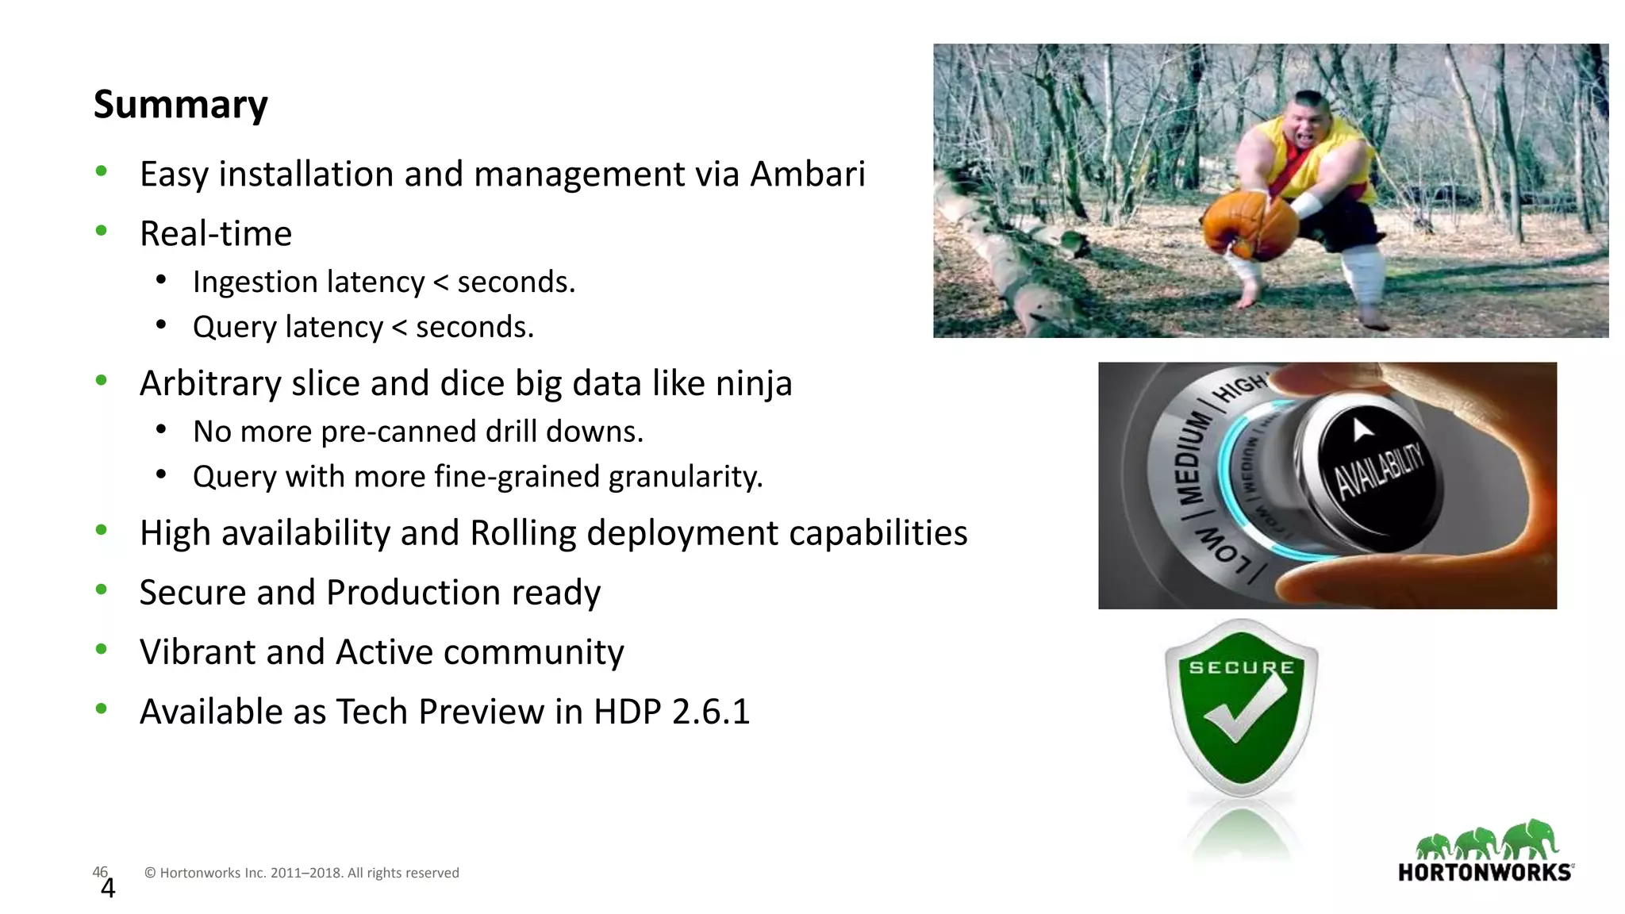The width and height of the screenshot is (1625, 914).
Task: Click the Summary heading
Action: point(181,105)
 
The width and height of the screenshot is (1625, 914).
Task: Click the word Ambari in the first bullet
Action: point(807,175)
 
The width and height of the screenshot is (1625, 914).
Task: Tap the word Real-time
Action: point(216,234)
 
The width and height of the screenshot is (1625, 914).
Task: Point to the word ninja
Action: point(754,383)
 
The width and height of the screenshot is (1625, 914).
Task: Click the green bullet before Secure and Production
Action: point(101,589)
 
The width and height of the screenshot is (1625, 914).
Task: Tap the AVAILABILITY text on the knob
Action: point(1379,471)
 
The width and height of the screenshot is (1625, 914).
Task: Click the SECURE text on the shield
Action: point(1241,668)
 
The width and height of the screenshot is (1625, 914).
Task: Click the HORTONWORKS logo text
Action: point(1485,873)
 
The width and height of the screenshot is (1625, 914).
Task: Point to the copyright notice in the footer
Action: point(302,873)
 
